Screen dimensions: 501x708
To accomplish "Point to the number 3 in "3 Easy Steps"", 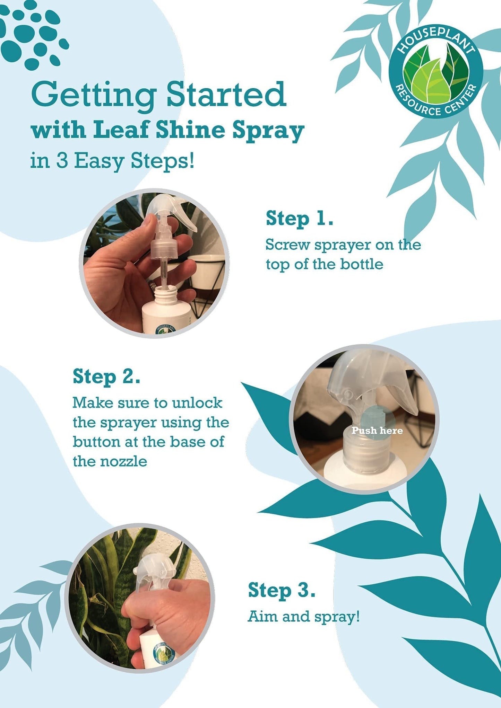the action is pos(62,161).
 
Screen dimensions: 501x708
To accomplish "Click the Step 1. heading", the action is pos(300,219).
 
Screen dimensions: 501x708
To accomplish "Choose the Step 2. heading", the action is pos(106,377).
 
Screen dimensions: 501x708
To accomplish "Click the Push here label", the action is pos(377,431).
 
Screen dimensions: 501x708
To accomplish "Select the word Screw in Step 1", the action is pos(287,245).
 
